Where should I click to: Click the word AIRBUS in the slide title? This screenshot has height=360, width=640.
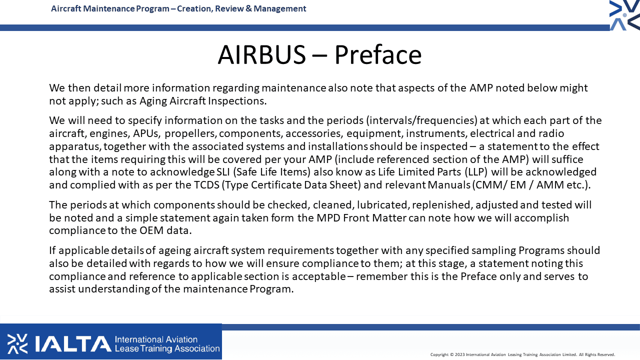pos(261,54)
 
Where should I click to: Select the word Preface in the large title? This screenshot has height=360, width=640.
pos(378,54)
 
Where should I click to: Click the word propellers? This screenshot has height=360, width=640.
pos(190,133)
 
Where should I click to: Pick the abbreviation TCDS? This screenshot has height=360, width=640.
pos(206,185)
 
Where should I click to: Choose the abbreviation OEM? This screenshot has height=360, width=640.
pos(151,230)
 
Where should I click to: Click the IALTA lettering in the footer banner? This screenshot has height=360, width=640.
pos(73,343)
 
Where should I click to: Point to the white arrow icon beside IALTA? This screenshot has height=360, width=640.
pos(17,343)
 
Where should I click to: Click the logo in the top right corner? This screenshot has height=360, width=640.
pos(625,15)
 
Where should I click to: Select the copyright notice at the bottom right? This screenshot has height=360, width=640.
pos(522,354)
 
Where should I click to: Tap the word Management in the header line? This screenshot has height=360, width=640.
pos(279,9)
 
